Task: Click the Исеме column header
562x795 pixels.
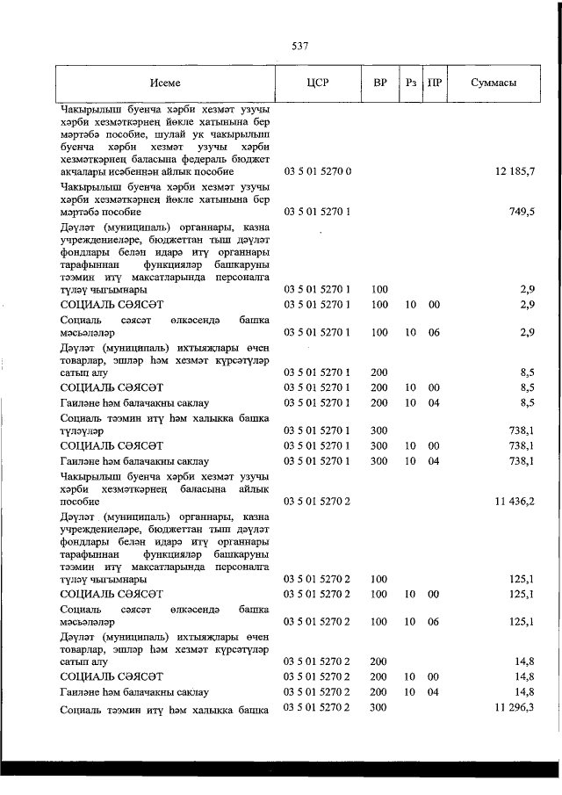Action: click(x=164, y=83)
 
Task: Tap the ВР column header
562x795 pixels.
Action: click(x=379, y=83)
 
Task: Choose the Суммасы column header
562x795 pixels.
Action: click(x=493, y=83)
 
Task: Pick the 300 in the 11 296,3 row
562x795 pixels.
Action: click(x=379, y=707)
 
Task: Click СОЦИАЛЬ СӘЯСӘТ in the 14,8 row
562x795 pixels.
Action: click(x=112, y=676)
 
